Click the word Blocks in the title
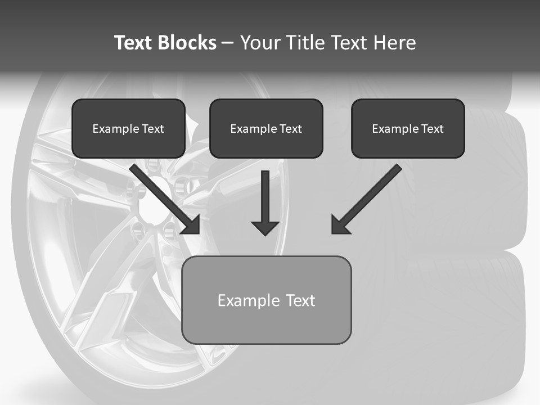pos(188,43)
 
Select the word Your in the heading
pos(260,43)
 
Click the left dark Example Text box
pos(128,128)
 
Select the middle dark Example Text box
pos(266,128)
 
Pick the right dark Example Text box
pos(408,128)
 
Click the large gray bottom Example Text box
pos(267,300)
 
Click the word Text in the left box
pos(153,129)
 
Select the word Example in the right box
pos(395,129)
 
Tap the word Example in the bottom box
pos(249,300)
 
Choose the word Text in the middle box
pos(291,129)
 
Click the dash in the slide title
pos(228,43)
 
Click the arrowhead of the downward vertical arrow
pos(265,227)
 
